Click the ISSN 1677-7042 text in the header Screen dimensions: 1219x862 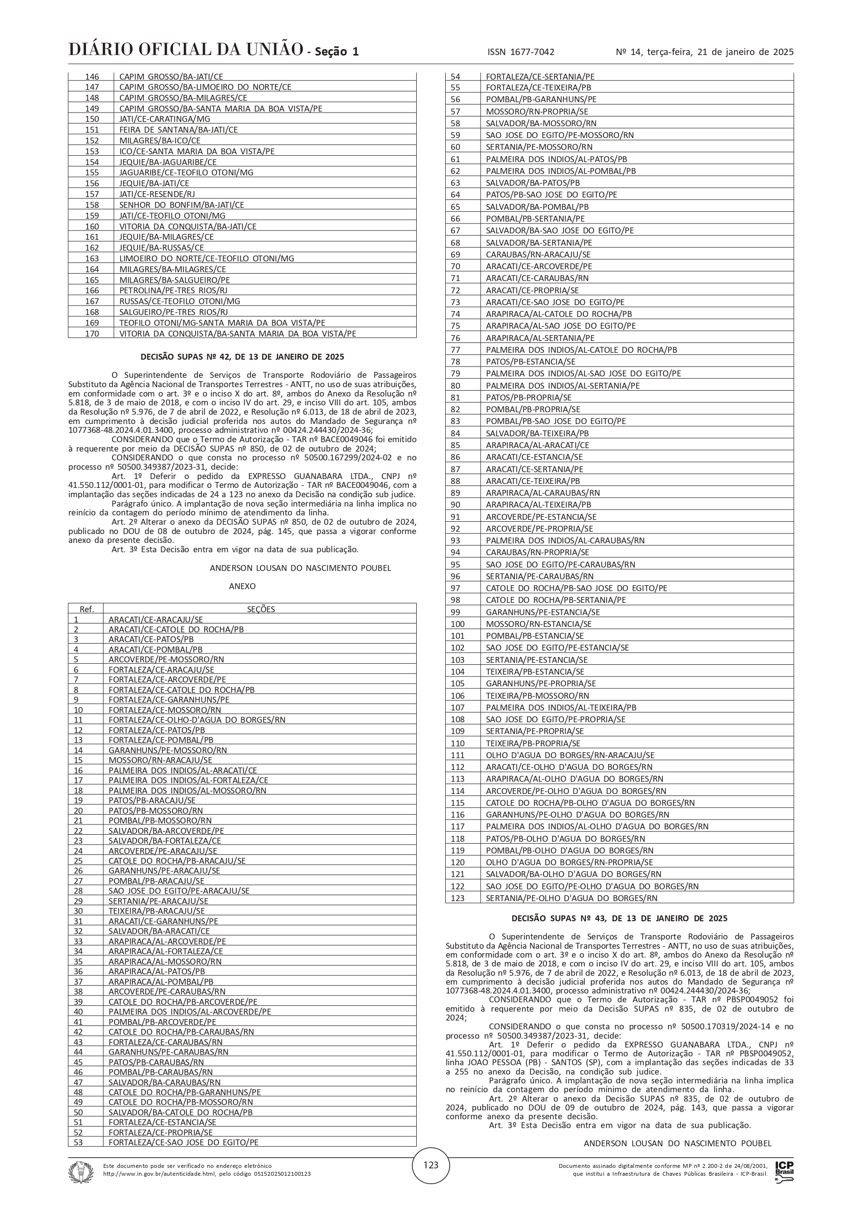coord(520,52)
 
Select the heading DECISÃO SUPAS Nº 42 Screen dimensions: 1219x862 coord(242,357)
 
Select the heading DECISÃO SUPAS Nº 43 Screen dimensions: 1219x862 coord(619,918)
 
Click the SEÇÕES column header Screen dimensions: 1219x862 coord(261,609)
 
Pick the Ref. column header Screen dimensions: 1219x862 coord(86,609)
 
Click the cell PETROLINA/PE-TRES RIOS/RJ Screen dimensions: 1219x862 coord(173,290)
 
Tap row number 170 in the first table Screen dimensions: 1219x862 coord(92,334)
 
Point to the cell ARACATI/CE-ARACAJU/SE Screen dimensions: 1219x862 coord(156,619)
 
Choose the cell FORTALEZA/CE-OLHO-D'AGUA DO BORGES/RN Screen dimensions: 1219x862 coord(197,720)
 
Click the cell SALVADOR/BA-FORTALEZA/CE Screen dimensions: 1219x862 coord(165,841)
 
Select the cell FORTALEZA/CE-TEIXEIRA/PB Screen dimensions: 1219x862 coord(539,87)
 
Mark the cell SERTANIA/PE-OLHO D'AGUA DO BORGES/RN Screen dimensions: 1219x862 coord(572,898)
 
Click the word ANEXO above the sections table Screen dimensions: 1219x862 coord(242,586)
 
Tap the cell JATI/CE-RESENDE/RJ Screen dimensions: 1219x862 coord(157,194)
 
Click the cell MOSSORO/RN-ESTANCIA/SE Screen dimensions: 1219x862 coord(539,624)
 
